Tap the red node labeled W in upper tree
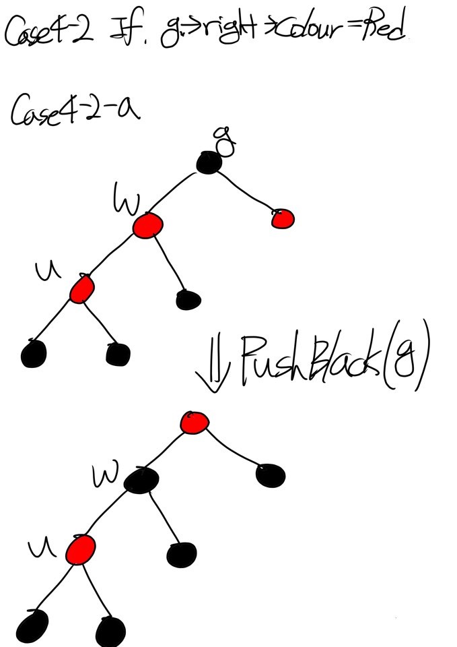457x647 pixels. [x=147, y=225]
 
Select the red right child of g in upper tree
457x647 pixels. [x=283, y=218]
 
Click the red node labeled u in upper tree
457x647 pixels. [x=82, y=289]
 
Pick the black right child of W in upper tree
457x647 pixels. [x=188, y=299]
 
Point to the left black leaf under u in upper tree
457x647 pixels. [x=34, y=353]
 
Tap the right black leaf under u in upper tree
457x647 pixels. [x=118, y=353]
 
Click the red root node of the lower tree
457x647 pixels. [x=195, y=423]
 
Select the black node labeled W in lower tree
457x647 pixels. [x=141, y=480]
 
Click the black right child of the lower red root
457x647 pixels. [x=271, y=475]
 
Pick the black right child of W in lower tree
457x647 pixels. [x=182, y=554]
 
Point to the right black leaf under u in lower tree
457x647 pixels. [x=110, y=631]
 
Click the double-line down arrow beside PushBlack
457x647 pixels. [x=213, y=369]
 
